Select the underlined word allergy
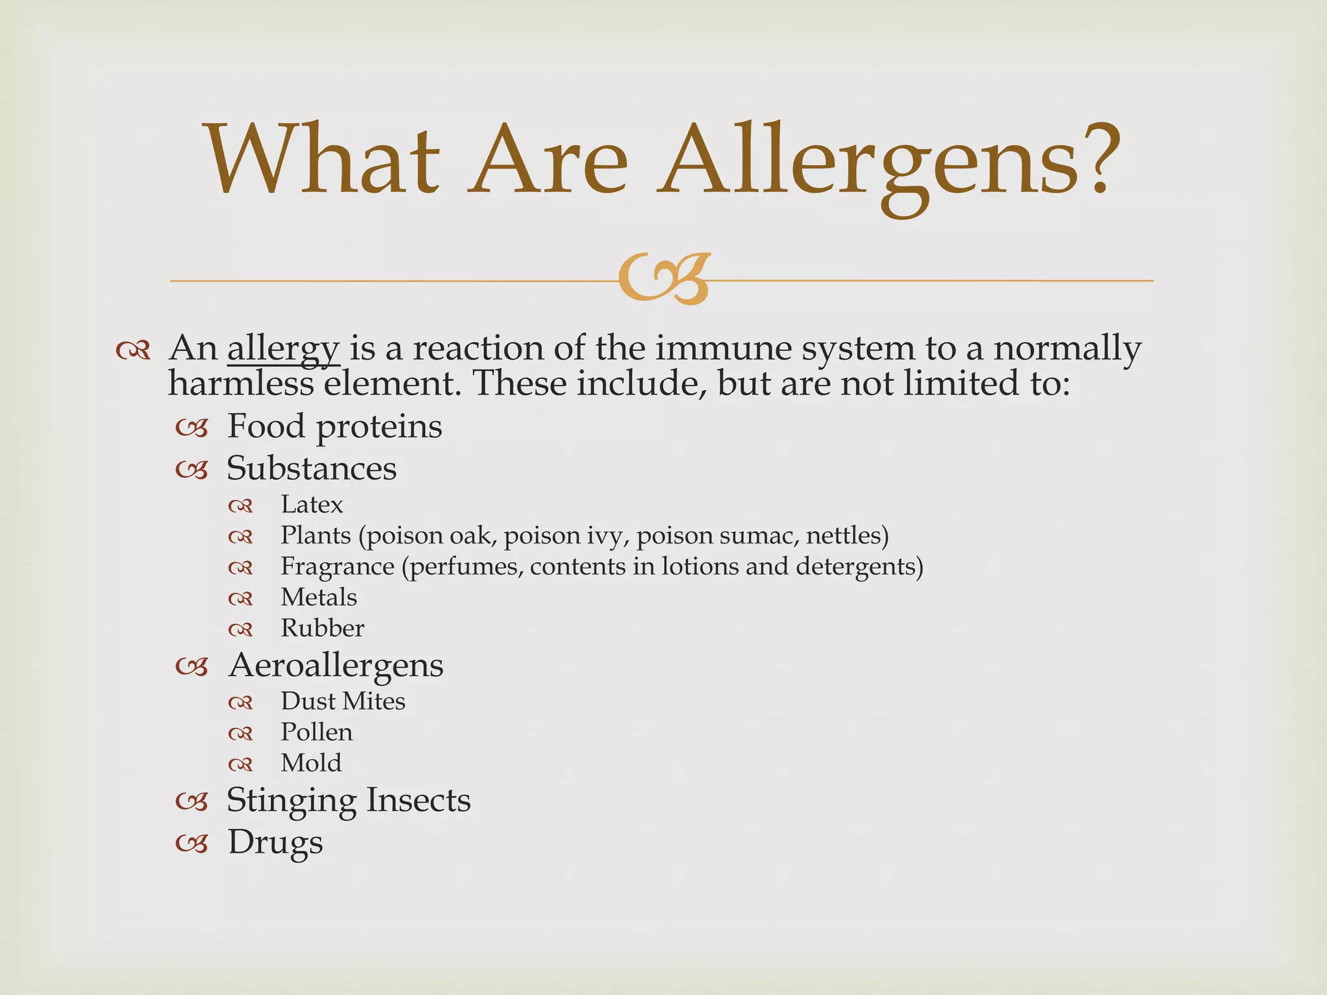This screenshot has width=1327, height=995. [283, 349]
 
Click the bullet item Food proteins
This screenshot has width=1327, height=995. [334, 427]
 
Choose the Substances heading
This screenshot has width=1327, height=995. [312, 468]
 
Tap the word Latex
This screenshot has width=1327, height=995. [312, 505]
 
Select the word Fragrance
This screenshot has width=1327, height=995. [337, 567]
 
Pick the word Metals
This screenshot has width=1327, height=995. [319, 597]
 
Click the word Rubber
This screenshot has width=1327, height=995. [322, 628]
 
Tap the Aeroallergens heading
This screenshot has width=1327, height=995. [336, 666]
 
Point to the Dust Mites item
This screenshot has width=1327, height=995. [343, 702]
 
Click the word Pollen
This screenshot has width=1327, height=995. [317, 733]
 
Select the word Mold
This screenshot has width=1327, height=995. [311, 763]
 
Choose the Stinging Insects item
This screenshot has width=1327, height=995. [349, 801]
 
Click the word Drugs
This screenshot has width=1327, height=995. [275, 843]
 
